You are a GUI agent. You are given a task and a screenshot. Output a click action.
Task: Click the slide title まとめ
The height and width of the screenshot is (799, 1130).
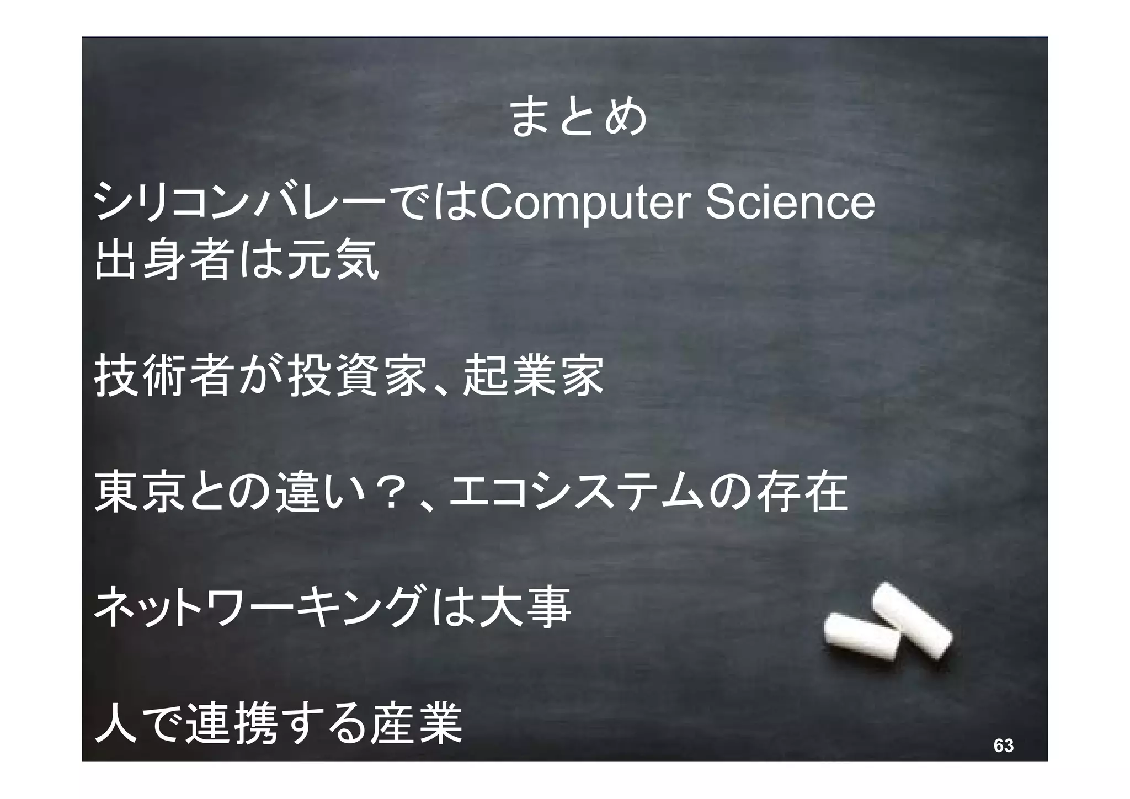click(x=578, y=118)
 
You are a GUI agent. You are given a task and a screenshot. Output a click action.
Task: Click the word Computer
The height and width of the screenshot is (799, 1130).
click(x=585, y=203)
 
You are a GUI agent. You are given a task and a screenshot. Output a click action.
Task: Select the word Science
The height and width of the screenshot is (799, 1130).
click(x=790, y=203)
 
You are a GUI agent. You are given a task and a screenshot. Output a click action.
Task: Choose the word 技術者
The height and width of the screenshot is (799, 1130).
click(x=162, y=376)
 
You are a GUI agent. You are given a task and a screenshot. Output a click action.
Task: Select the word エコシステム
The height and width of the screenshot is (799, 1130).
click(x=575, y=492)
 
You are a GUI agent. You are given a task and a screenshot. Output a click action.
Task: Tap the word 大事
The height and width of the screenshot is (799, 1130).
click(x=525, y=608)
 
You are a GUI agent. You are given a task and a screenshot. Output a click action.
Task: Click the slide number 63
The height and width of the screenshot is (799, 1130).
click(x=1003, y=745)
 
